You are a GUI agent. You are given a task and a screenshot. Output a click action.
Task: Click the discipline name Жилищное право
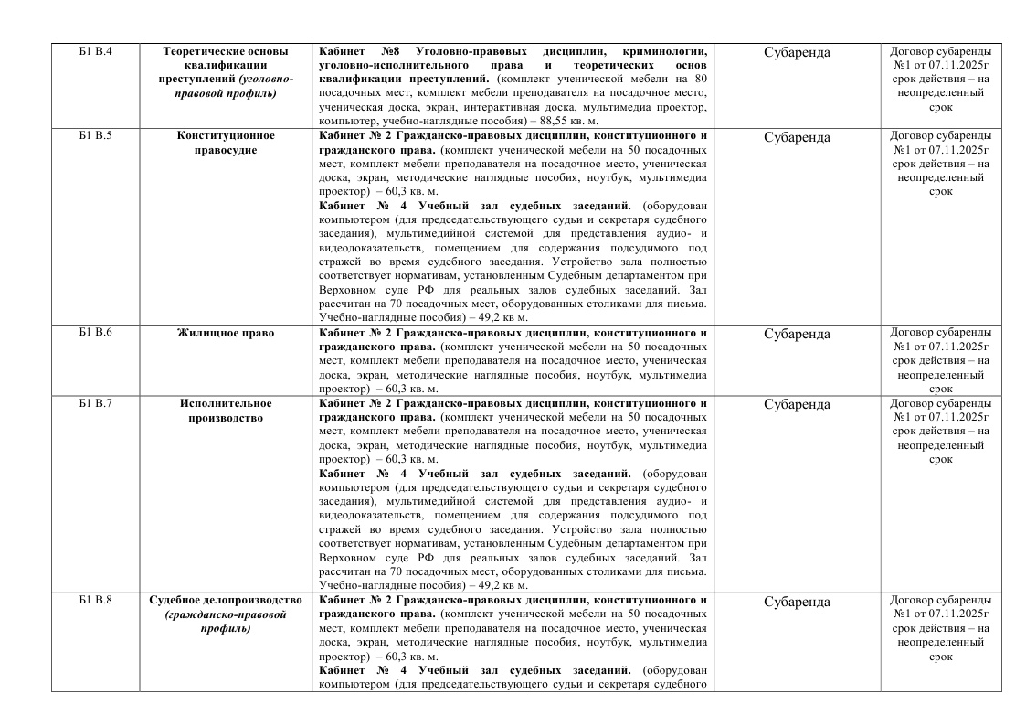click(x=226, y=333)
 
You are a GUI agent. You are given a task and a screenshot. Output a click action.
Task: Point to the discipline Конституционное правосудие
click(x=226, y=143)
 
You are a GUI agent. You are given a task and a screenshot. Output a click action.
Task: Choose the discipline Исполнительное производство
click(x=226, y=411)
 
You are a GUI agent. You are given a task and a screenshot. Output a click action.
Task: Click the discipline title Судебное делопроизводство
click(x=225, y=600)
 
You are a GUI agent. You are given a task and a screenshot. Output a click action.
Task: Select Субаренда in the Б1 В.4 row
click(x=797, y=52)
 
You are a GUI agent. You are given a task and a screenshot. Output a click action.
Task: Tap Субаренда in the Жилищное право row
click(x=797, y=334)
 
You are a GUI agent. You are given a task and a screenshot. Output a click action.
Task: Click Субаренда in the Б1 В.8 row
click(x=797, y=602)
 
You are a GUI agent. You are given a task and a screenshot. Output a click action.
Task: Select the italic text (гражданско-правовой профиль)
click(x=225, y=622)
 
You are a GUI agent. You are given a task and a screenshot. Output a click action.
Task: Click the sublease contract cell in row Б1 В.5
click(x=940, y=164)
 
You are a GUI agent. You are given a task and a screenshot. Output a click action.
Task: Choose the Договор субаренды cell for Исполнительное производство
click(x=940, y=431)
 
